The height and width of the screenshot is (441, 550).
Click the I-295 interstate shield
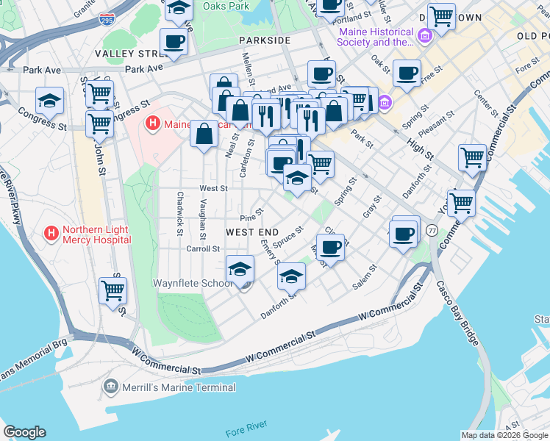pos(107,18)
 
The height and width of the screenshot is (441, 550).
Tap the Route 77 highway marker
pos(432,231)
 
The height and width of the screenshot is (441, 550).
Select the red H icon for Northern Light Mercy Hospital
pos(51,234)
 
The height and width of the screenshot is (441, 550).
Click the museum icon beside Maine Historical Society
pos(424,36)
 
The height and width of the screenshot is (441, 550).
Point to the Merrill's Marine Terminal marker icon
pos(111,386)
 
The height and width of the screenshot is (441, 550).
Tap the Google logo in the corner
pos(24,432)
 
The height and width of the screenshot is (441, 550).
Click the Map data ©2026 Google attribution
pos(504,435)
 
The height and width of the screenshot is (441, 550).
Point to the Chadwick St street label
pos(179,214)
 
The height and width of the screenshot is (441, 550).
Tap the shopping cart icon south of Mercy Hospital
pos(113,290)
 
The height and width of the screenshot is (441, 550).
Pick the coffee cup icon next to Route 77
pos(404,234)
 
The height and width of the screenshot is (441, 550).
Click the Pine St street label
pos(251,218)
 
